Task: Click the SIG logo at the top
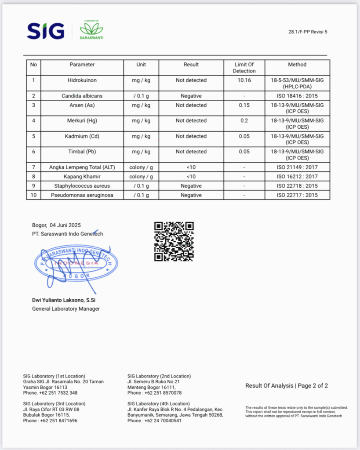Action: coord(46,31)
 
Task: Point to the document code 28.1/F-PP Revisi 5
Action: coord(308,32)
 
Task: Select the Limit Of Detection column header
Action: coord(244,68)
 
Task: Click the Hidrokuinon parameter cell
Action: coord(82,80)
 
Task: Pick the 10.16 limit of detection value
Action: coord(244,80)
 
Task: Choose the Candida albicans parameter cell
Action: coord(82,96)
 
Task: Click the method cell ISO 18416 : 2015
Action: coord(297,96)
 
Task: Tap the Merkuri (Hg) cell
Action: coord(82,120)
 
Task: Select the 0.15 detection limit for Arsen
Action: coord(244,105)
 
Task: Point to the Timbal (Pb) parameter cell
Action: coord(82,152)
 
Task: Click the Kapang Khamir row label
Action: coord(82,177)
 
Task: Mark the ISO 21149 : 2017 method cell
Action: coord(297,167)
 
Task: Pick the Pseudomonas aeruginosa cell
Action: coord(82,195)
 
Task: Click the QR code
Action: coord(174,241)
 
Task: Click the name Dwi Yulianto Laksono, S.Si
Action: coord(64,300)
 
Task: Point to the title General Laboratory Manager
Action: coord(66,308)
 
